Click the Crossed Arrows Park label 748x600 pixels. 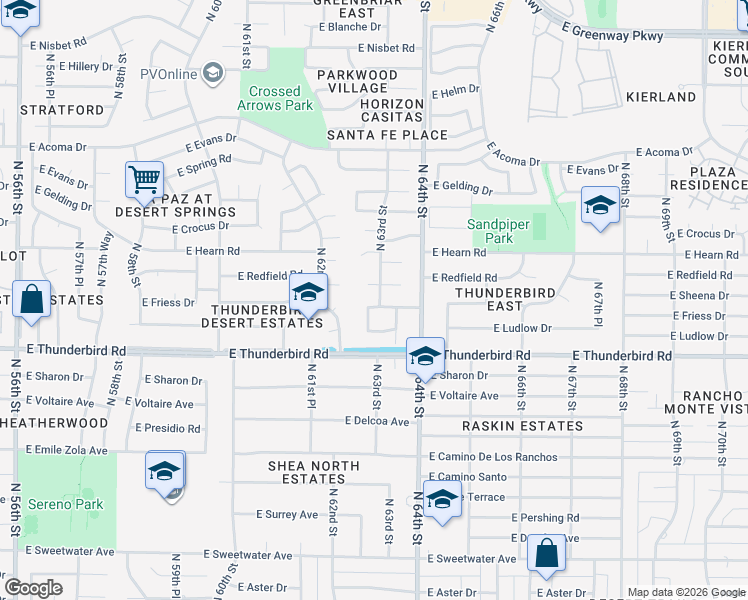[274, 98]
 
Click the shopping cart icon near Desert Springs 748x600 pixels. [144, 180]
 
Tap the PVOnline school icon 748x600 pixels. [212, 73]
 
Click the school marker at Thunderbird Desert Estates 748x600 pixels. [308, 293]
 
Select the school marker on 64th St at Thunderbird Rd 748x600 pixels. [425, 357]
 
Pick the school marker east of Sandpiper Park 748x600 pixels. [599, 207]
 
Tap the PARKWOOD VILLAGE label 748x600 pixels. [357, 81]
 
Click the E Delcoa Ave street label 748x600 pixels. [377, 421]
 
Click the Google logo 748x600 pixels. [34, 588]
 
